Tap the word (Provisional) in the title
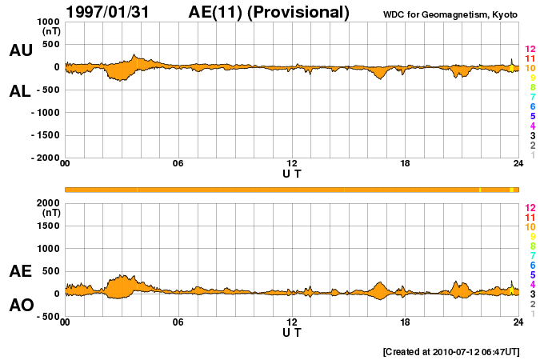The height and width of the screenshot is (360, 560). click(300, 12)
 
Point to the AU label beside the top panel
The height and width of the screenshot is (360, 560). click(20, 50)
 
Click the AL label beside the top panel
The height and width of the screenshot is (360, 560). click(20, 90)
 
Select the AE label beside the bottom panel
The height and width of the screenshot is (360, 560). click(20, 271)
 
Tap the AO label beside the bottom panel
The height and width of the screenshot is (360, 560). click(20, 305)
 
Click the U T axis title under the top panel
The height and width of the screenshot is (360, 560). click(292, 173)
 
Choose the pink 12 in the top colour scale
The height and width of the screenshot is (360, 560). click(530, 50)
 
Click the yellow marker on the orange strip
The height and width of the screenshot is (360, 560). click(511, 190)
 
